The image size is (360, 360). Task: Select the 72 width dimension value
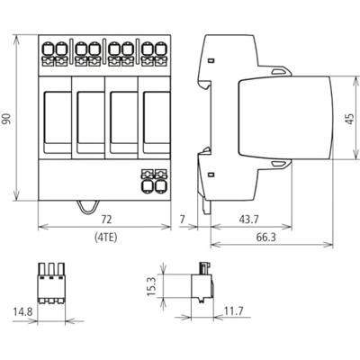click(106, 220)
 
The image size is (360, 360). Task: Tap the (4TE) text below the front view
click(106, 238)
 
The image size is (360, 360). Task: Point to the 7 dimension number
click(183, 220)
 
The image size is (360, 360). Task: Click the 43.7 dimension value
click(248, 220)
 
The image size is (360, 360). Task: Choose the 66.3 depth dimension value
click(265, 238)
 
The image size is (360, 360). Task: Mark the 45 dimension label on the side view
click(350, 119)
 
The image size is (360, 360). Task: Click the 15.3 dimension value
click(152, 286)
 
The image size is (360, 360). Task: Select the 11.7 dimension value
click(233, 311)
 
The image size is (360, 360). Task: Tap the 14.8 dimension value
click(22, 311)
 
